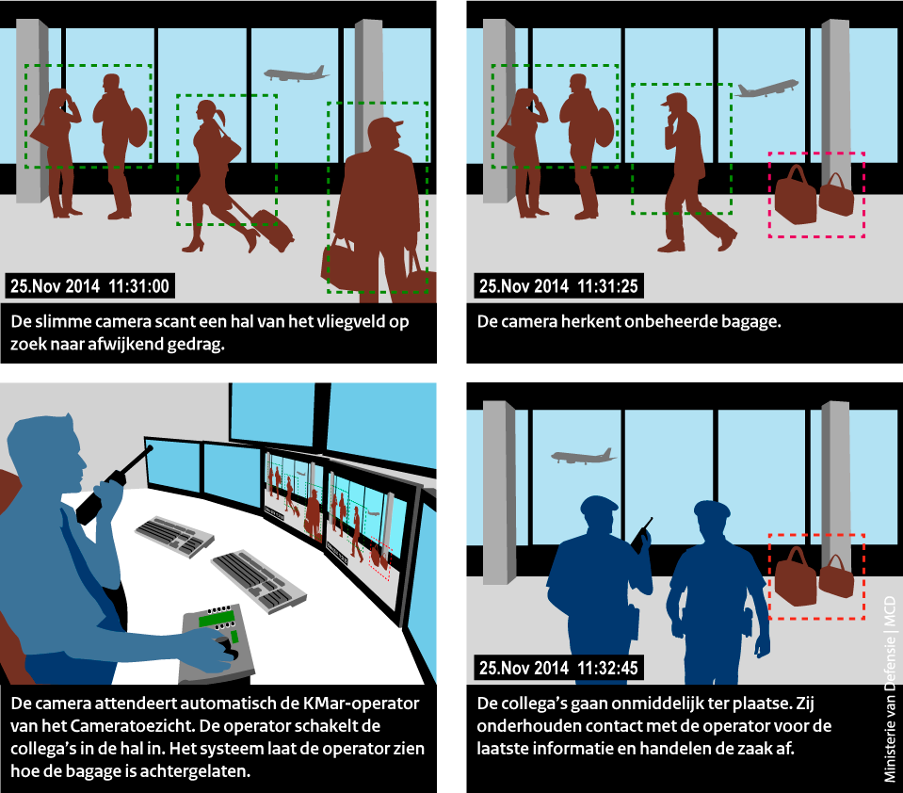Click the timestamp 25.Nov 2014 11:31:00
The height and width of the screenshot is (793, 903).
[x=89, y=286]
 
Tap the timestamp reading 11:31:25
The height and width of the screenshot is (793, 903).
[x=607, y=286]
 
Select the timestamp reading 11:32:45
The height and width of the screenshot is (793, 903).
[x=607, y=668]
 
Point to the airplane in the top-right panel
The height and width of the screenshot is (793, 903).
[x=766, y=89]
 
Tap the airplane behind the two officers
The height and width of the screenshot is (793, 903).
[x=583, y=456]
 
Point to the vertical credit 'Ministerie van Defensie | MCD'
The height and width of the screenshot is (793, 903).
[x=890, y=688]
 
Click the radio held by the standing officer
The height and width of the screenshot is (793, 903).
[x=641, y=536]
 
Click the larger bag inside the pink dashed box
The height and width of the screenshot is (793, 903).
[x=796, y=195]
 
